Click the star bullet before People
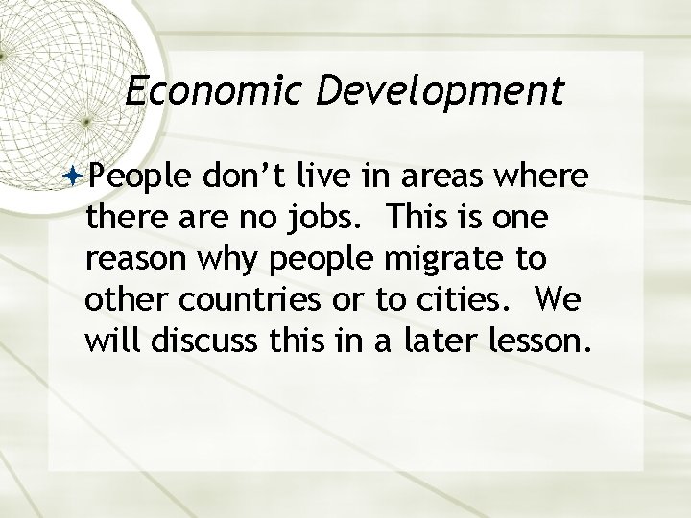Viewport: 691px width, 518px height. point(76,178)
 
